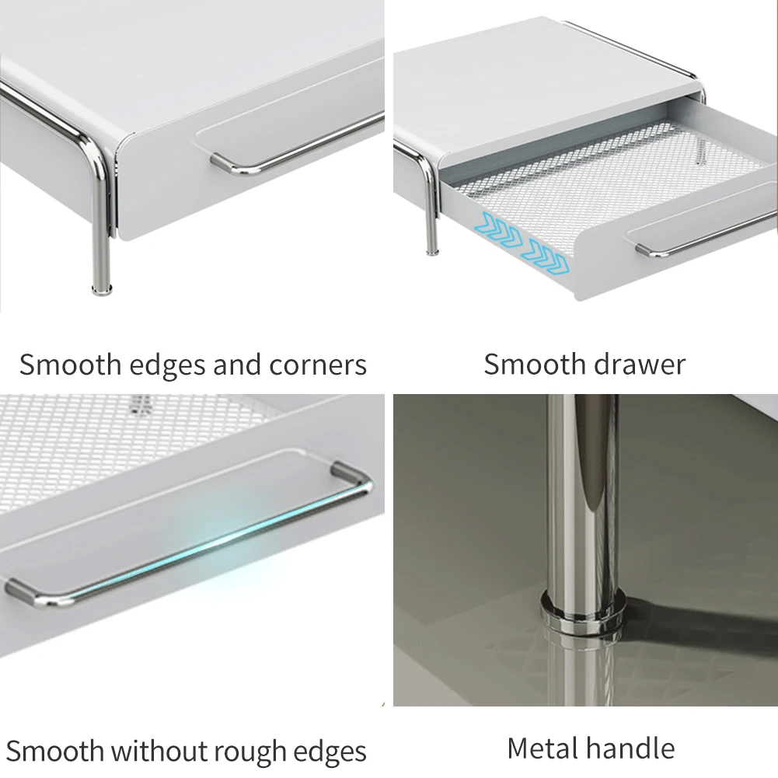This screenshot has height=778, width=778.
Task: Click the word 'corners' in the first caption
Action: [x=318, y=365]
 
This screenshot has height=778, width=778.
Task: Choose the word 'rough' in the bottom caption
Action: [x=252, y=752]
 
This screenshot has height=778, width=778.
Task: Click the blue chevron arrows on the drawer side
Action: [x=525, y=243]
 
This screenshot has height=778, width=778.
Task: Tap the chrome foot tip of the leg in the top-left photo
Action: [x=102, y=289]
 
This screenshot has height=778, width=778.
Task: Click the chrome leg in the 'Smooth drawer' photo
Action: [x=431, y=210]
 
